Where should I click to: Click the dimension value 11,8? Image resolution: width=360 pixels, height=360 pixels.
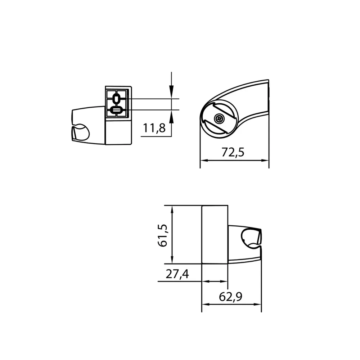[x=154, y=128]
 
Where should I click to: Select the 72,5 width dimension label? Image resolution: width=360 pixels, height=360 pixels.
[x=233, y=152]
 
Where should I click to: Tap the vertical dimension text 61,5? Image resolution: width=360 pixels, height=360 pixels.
[x=163, y=235]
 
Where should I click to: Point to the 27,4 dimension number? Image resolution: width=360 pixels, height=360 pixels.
[x=177, y=275]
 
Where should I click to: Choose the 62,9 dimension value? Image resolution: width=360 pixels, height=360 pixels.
[x=231, y=297]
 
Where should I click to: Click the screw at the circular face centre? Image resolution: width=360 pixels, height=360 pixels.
[x=219, y=118]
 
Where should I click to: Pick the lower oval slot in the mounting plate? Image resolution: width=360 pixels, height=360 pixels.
[x=117, y=110]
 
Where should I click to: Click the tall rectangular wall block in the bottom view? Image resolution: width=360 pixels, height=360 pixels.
[x=215, y=234]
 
